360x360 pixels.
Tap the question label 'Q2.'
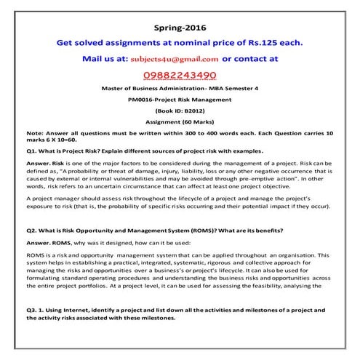click(x=31, y=230)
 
